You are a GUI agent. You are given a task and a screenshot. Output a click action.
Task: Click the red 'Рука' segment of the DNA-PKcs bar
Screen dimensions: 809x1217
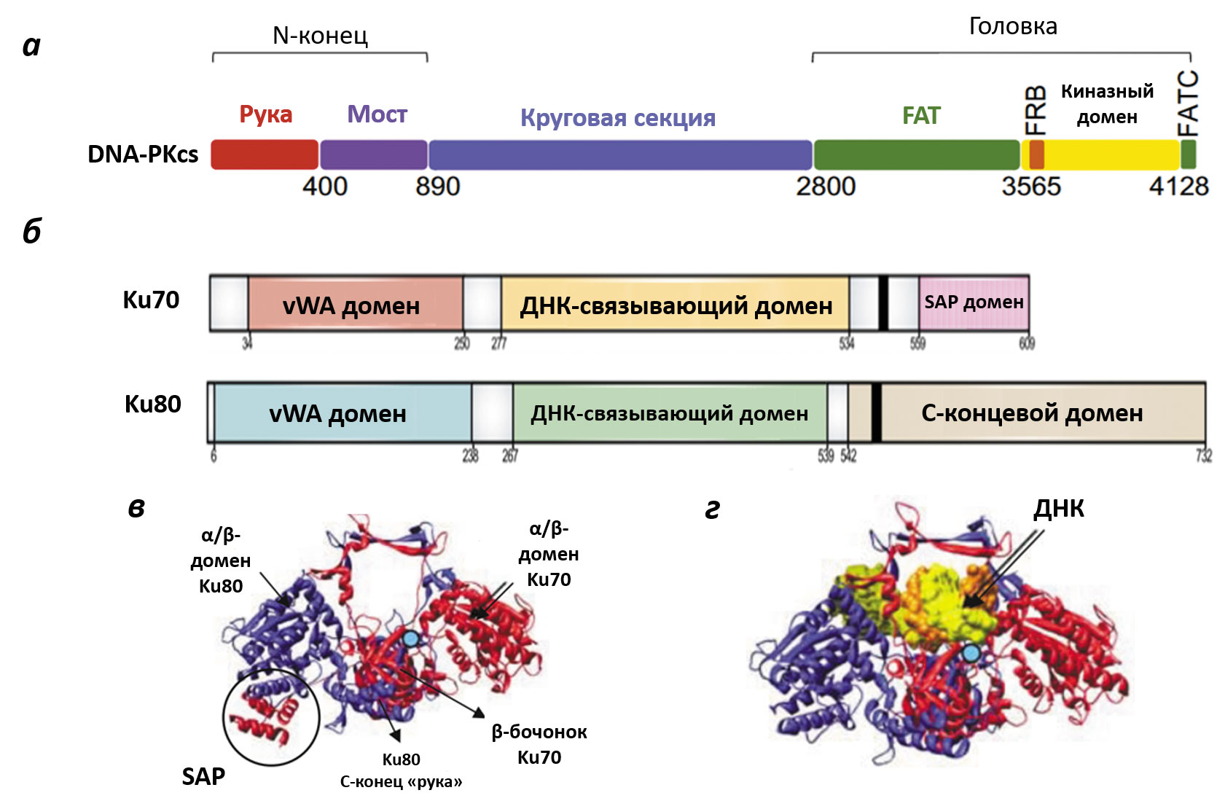[x=265, y=155]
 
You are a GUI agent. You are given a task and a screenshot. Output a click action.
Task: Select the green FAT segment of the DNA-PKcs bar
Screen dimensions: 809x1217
[x=916, y=155]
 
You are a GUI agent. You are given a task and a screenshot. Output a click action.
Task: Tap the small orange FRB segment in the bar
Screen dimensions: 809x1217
[x=1036, y=155]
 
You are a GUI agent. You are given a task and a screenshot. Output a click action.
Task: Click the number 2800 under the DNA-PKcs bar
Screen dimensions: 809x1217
[x=825, y=187]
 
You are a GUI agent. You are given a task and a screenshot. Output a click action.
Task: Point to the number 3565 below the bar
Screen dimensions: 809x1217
[x=1030, y=187]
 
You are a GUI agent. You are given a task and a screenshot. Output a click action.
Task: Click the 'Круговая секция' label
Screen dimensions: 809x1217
[x=617, y=118]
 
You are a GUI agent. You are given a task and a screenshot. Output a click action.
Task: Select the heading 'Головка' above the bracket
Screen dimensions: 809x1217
[x=1012, y=26]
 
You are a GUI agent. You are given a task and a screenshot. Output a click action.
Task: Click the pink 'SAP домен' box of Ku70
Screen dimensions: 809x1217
[x=974, y=302]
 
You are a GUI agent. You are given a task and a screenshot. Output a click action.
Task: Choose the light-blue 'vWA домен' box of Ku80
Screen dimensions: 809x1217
[x=338, y=413]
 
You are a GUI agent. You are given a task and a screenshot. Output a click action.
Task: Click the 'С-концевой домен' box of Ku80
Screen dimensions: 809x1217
[x=1032, y=413]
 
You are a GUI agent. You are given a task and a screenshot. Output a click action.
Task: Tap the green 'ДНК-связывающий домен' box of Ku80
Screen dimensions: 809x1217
[x=669, y=413]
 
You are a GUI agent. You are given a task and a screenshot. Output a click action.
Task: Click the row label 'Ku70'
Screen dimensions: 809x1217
[x=151, y=300]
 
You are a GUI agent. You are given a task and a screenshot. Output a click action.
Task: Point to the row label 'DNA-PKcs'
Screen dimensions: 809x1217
[x=143, y=155]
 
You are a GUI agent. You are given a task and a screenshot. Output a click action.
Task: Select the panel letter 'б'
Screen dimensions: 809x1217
[x=32, y=232]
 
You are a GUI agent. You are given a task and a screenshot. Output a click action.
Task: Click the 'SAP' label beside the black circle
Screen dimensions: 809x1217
[x=203, y=777]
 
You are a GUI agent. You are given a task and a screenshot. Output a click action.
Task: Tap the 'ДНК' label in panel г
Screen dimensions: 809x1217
[x=1058, y=509]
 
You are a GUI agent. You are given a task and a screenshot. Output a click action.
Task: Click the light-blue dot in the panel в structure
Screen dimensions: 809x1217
[x=411, y=639]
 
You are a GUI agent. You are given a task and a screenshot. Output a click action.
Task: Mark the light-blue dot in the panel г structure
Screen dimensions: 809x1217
[x=971, y=654]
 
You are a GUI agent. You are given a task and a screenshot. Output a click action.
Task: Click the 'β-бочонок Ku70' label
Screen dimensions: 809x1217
[x=539, y=744]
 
